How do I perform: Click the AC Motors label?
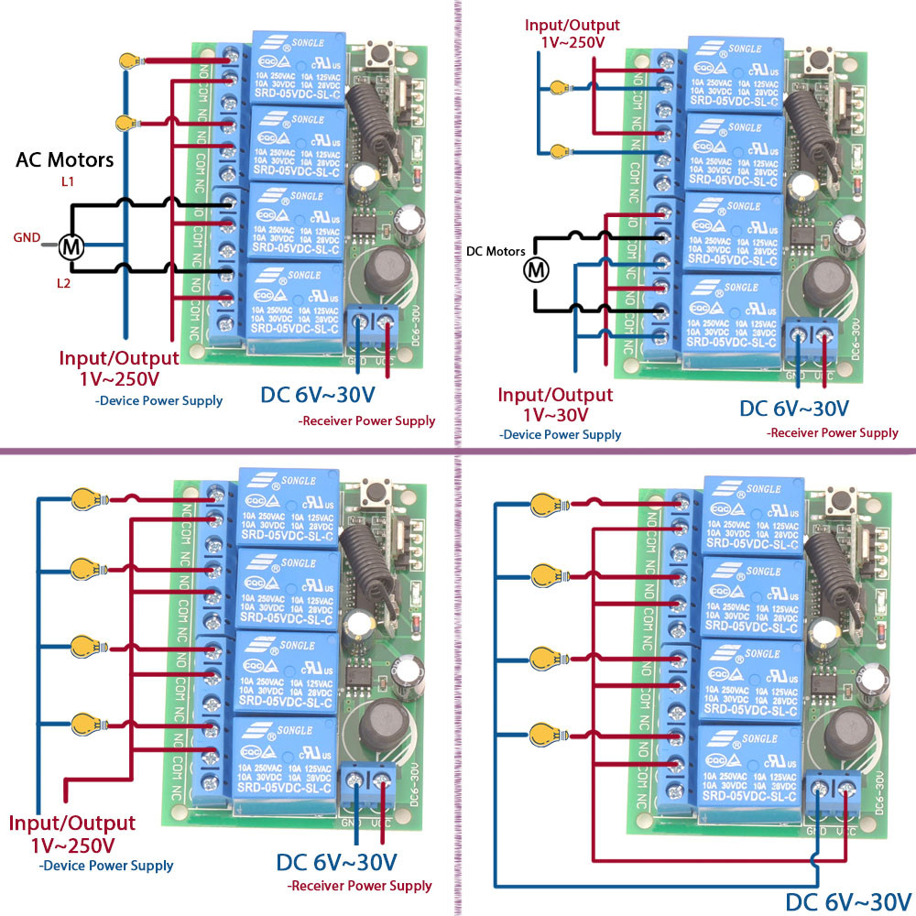[x=65, y=159]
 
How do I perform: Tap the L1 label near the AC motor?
[x=68, y=183]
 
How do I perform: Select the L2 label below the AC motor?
[x=63, y=284]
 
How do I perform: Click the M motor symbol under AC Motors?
[x=70, y=245]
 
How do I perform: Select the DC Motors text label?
[x=496, y=250]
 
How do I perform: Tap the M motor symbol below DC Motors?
[x=536, y=269]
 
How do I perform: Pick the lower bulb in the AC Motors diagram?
[x=127, y=123]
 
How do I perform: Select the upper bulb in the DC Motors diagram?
[x=558, y=88]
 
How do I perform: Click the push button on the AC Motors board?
[x=377, y=57]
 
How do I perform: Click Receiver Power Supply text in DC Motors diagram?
[x=833, y=432]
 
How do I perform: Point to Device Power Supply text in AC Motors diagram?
[x=158, y=401]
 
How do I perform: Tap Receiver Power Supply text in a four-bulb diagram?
[x=359, y=886]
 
